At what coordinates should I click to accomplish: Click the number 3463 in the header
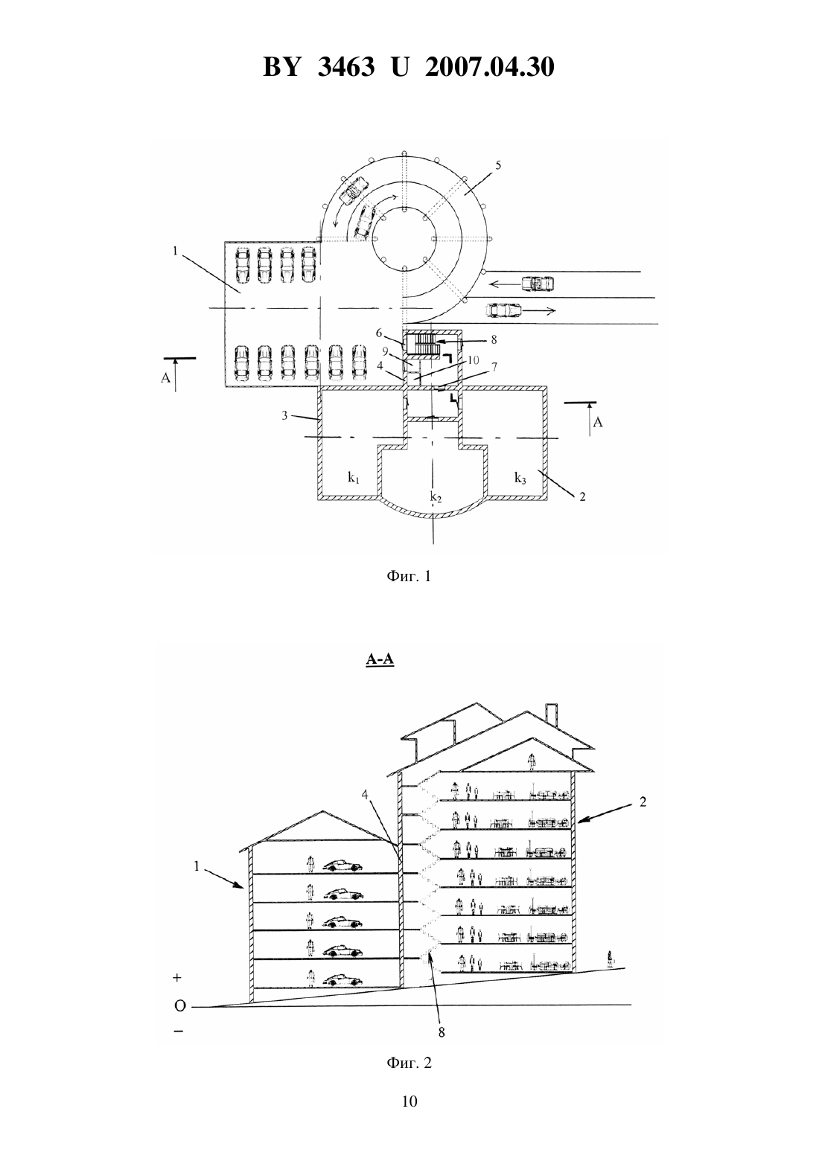(346, 67)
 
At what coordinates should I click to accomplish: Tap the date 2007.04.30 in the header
(490, 67)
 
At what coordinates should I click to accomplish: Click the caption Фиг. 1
(409, 576)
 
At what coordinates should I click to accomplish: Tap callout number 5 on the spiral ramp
(498, 165)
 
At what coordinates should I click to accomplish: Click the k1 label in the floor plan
(354, 478)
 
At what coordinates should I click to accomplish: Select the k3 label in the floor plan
(520, 478)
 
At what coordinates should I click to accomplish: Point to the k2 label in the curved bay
(436, 498)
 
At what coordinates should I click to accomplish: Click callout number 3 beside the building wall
(285, 415)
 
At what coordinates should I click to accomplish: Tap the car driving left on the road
(538, 284)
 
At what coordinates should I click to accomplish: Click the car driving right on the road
(503, 310)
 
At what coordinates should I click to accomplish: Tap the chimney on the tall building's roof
(552, 713)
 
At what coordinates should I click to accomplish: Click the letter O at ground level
(180, 1005)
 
